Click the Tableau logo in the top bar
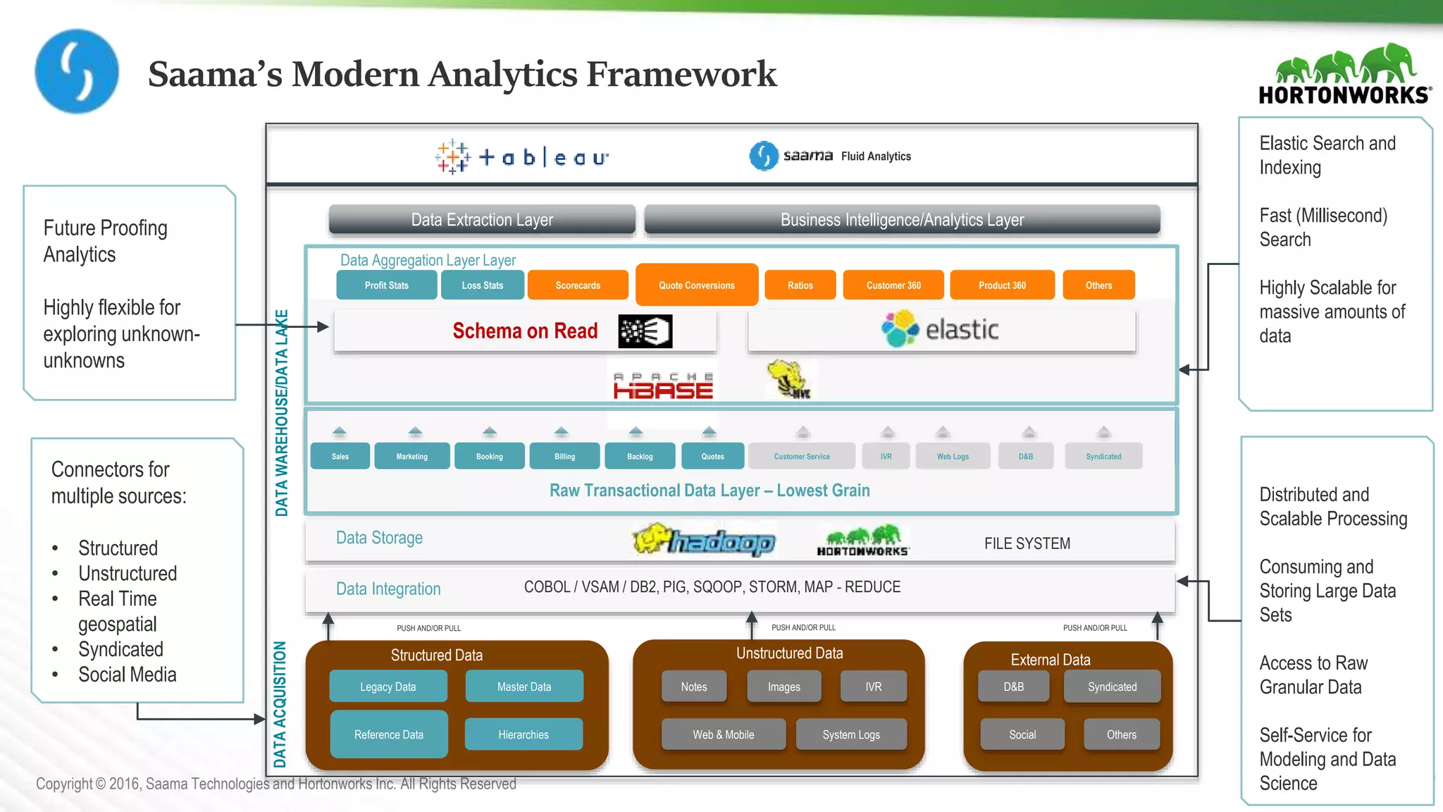pos(522,156)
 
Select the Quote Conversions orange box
pos(696,285)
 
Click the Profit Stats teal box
pos(386,285)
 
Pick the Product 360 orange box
pos(1001,285)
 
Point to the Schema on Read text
pos(524,331)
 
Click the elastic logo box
pos(941,330)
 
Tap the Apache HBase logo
pos(662,386)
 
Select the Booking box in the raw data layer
pos(489,456)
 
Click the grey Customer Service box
pos(801,456)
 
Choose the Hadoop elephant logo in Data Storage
pos(703,541)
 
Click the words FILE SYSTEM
pos(1027,543)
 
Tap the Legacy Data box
pos(388,687)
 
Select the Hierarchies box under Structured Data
pos(523,734)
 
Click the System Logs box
pos(850,734)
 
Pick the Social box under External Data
pos(1022,734)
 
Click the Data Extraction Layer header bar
pos(482,220)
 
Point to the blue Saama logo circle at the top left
pos(77,71)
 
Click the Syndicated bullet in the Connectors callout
pos(120,649)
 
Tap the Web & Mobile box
pos(723,734)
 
